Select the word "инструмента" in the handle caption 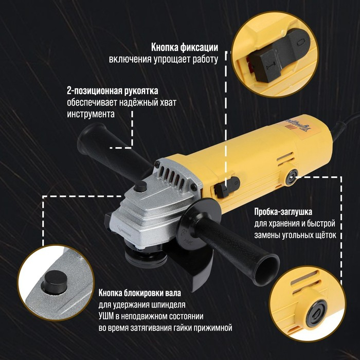coord(91,113)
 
